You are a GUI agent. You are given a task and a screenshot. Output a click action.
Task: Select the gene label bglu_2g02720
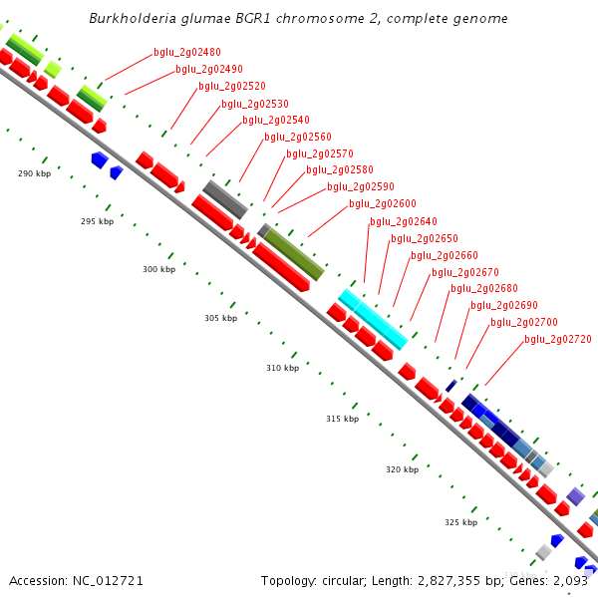click(x=558, y=340)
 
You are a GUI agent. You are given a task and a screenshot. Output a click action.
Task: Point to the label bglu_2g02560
click(x=298, y=137)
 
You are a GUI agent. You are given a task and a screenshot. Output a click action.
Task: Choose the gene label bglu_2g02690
click(x=504, y=306)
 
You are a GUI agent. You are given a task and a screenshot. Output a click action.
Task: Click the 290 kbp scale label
click(x=34, y=173)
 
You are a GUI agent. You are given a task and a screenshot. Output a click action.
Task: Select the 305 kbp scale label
click(x=220, y=318)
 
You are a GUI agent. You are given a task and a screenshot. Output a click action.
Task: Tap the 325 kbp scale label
click(x=460, y=522)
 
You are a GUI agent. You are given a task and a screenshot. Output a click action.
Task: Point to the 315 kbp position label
click(x=342, y=419)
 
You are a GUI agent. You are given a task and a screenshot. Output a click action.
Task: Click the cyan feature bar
click(x=373, y=319)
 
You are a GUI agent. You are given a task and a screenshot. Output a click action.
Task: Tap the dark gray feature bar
click(x=224, y=199)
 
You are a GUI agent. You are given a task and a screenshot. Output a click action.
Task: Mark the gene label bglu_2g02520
click(x=232, y=86)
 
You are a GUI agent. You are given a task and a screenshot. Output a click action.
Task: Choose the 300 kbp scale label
click(x=158, y=269)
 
